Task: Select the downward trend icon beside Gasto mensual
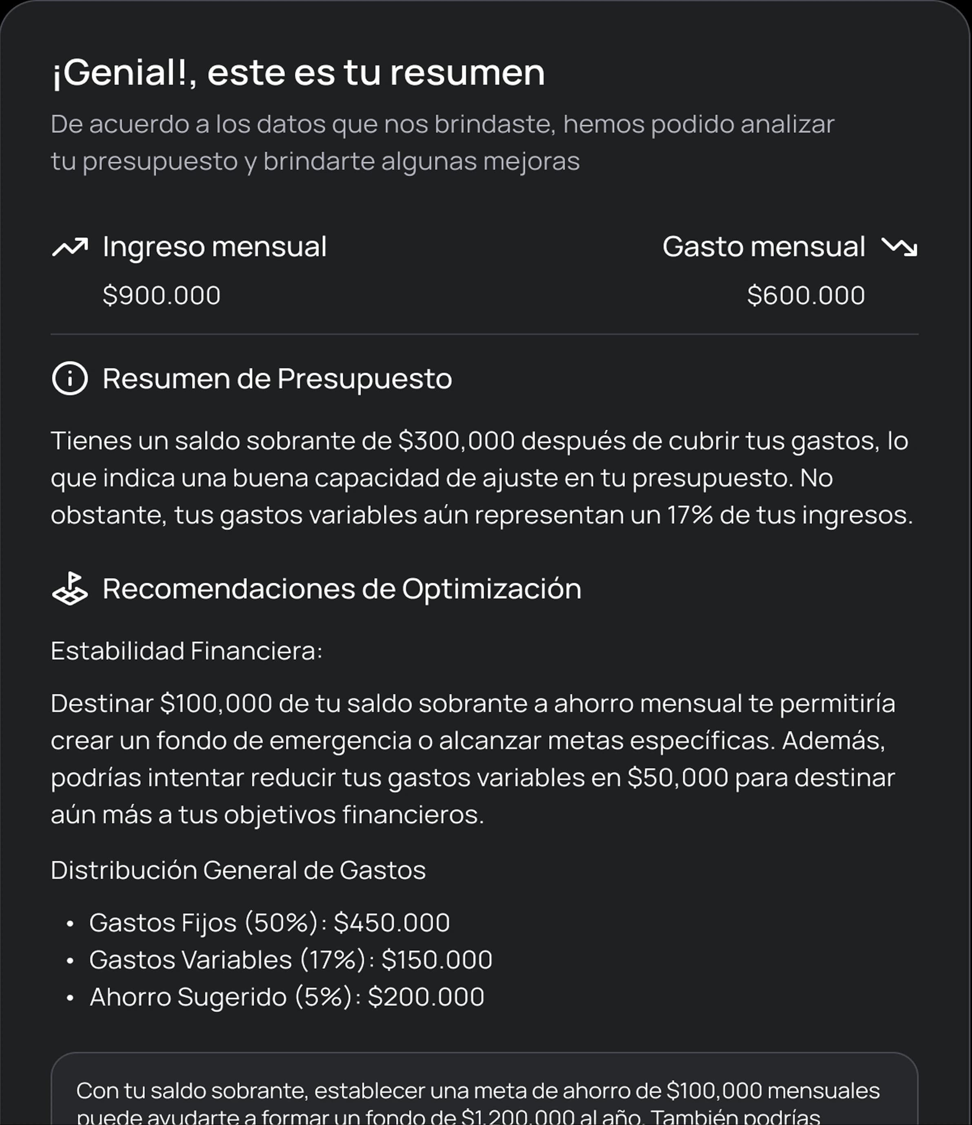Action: click(x=899, y=247)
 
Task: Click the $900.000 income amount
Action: click(x=161, y=295)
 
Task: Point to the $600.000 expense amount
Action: click(x=806, y=295)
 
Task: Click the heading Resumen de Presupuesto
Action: click(x=277, y=378)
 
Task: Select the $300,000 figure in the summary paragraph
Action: click(x=456, y=440)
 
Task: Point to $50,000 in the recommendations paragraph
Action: click(x=677, y=778)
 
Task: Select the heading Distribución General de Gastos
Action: click(x=238, y=870)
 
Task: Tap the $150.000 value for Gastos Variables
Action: click(x=437, y=959)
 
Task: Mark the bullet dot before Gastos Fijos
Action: click(x=69, y=924)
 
